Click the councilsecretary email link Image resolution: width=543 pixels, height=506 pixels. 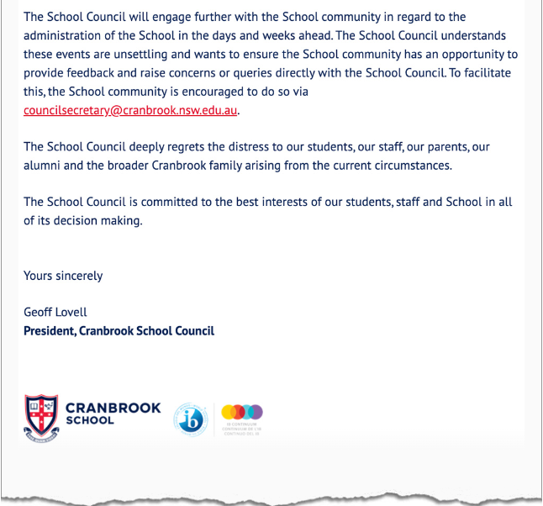click(130, 110)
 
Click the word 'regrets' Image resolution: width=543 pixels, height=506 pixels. click(205, 147)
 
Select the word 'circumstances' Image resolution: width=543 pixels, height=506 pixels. click(409, 166)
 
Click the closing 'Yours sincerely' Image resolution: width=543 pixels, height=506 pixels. click(63, 276)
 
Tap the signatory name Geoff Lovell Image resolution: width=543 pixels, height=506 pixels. click(55, 313)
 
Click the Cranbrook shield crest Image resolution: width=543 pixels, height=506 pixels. click(41, 417)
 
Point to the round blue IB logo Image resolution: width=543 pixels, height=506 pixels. click(191, 419)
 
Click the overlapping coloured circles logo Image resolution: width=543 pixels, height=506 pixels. click(243, 413)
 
